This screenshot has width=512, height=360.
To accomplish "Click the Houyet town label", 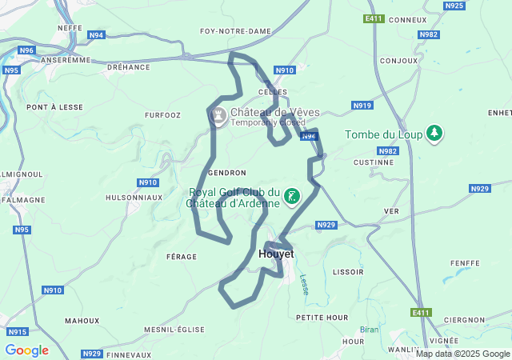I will tap(277, 254).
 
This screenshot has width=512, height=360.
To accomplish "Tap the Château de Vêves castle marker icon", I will tap(217, 117).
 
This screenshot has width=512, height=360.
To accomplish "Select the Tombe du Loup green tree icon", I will tap(434, 134).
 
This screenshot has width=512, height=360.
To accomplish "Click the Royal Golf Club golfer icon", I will tap(292, 197).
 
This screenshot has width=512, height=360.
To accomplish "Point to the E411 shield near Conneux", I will tap(374, 18).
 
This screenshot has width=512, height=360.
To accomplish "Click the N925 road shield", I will tap(454, 6).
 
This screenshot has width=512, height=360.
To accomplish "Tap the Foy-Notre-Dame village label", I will tap(235, 31).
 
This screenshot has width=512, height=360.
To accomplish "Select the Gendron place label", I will tap(226, 173).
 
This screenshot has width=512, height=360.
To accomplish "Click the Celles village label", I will tap(272, 93).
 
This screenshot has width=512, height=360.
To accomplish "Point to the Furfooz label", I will tap(162, 115).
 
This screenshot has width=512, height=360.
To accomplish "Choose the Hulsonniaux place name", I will tap(134, 197).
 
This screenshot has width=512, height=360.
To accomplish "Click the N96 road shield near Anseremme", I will tap(26, 50).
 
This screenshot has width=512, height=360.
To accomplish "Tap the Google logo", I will tap(26, 350).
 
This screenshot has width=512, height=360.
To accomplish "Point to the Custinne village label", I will tap(374, 162).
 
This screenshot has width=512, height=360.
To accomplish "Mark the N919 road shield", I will tap(362, 106).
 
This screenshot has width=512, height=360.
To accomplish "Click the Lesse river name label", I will tap(304, 284).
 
